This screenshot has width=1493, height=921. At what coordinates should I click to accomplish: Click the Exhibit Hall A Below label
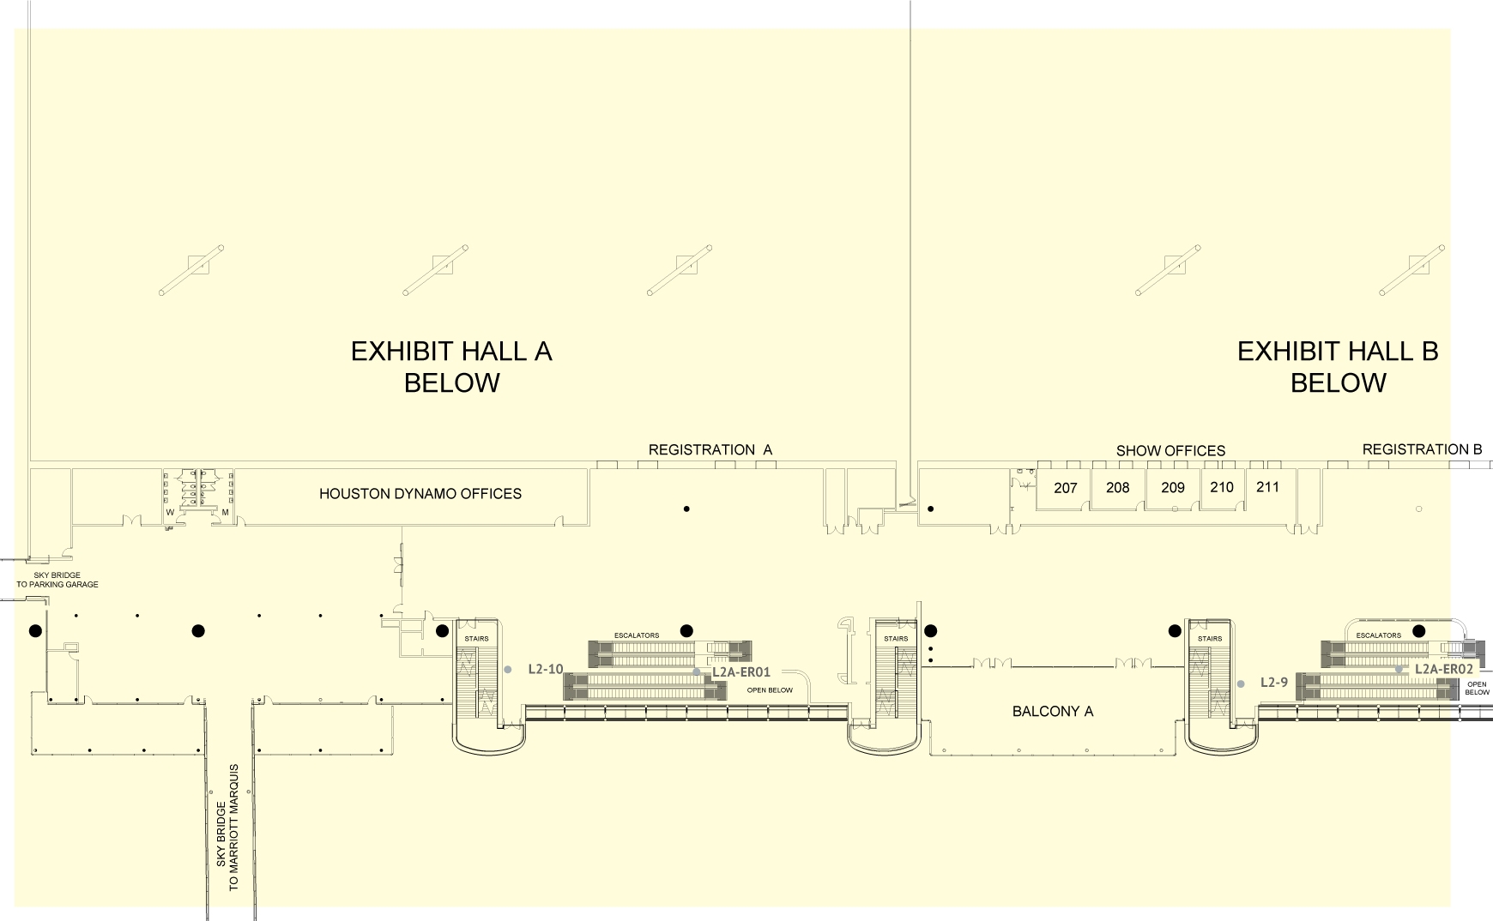[451, 366]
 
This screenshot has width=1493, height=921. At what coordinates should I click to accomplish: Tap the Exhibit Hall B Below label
[1338, 366]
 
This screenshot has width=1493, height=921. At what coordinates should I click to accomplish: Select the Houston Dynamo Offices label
[420, 494]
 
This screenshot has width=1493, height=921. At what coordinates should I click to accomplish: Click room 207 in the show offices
[1065, 488]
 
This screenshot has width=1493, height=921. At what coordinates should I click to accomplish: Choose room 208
[1118, 487]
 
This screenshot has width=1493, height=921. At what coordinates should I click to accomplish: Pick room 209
[1173, 488]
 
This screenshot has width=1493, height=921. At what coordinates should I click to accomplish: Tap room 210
[1222, 487]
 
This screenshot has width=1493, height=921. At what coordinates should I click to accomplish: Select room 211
[1267, 487]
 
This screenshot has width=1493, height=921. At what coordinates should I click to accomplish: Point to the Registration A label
[710, 449]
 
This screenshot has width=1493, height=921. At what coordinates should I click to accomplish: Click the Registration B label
[1423, 449]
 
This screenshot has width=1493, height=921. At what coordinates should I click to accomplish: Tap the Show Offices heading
[1170, 450]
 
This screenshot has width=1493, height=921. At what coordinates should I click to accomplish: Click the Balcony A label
[1053, 711]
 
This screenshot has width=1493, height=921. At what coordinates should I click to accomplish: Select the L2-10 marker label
[546, 669]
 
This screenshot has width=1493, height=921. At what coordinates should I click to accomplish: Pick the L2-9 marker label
[1274, 683]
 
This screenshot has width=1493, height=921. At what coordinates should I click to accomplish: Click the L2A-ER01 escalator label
[741, 672]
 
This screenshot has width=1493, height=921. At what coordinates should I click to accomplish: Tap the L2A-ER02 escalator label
[1444, 669]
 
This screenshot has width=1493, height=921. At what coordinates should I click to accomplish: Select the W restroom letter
[170, 513]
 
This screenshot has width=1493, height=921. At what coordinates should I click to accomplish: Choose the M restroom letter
[225, 513]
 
